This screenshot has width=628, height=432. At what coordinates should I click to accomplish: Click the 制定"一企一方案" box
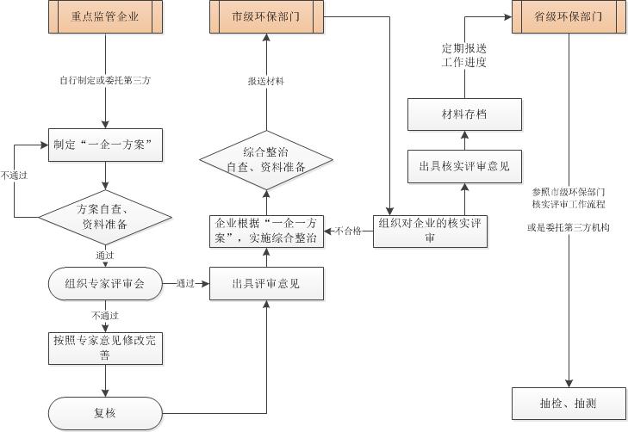105,145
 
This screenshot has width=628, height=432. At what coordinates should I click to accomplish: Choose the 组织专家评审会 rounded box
105,283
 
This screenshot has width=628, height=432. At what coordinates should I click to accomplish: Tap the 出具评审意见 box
266,283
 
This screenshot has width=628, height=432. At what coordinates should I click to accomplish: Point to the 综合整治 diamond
266,159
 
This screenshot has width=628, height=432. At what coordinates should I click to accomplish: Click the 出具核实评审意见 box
464,165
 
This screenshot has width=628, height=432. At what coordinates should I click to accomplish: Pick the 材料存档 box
464,114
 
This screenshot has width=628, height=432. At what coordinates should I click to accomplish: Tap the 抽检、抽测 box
568,403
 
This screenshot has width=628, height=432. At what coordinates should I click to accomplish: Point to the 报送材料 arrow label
266,81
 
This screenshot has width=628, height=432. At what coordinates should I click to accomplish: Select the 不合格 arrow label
348,231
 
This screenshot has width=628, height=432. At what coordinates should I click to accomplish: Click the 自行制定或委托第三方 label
105,81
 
